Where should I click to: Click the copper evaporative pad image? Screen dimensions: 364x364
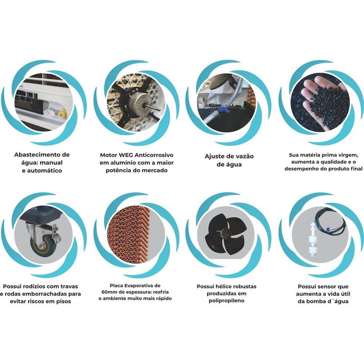point(132,232)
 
